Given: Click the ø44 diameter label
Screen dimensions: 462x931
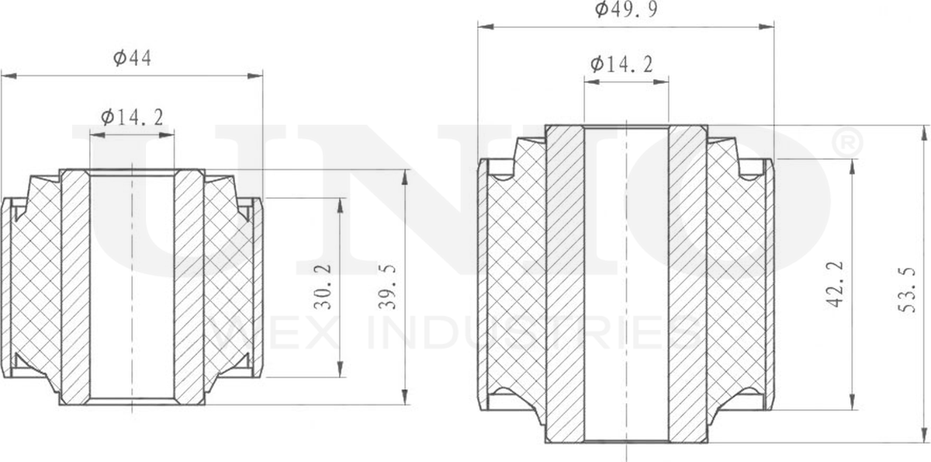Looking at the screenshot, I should click(x=132, y=58).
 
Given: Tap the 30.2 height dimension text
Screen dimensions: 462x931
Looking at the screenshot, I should click(x=323, y=287).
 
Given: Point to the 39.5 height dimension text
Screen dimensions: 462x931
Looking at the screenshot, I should click(x=388, y=287).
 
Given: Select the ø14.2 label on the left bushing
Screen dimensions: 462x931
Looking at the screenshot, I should click(x=132, y=117).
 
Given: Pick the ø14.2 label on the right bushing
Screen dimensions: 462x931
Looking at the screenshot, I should click(x=621, y=64).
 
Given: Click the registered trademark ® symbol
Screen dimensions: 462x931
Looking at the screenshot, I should click(x=846, y=143).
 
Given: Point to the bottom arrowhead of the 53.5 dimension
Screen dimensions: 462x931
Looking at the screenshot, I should click(x=924, y=436).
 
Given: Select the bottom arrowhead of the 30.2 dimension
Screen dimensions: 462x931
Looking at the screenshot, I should click(x=341, y=372).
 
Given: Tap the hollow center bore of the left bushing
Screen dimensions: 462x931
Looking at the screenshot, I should click(x=132, y=287).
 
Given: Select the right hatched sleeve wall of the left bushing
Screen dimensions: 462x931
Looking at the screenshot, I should click(x=189, y=287).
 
